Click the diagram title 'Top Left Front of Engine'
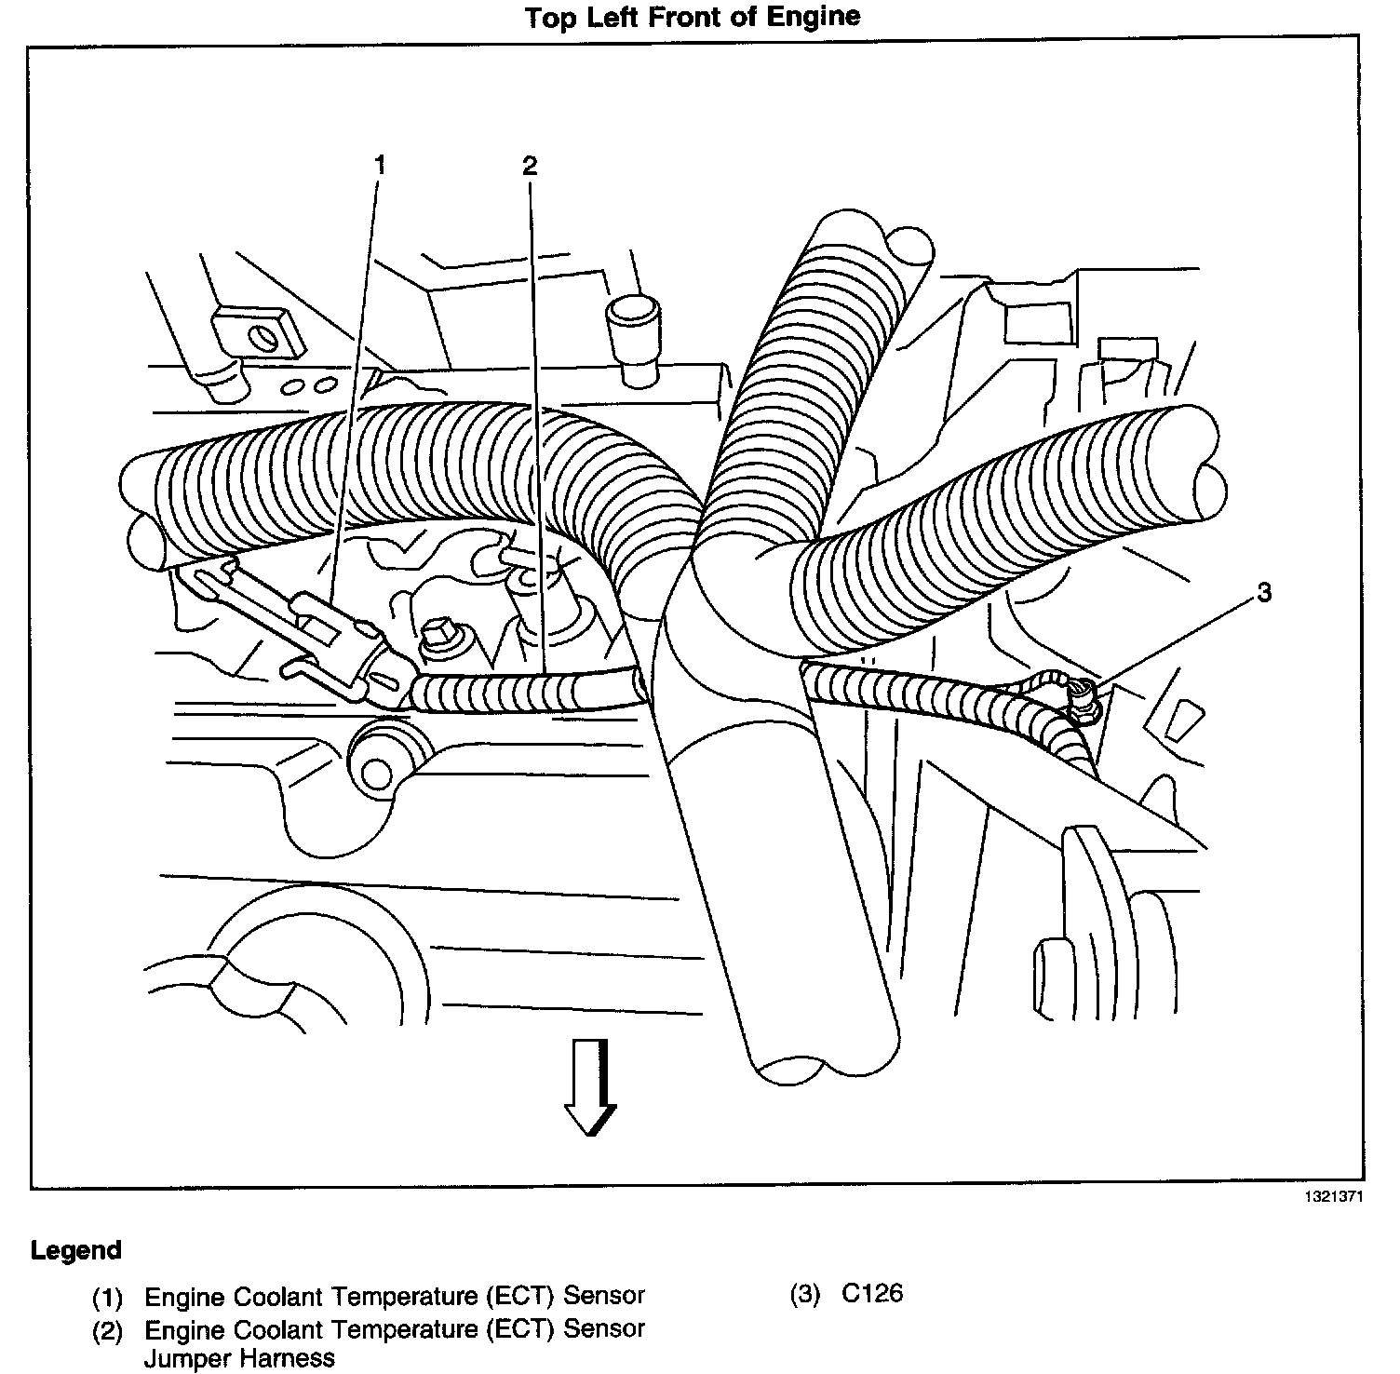click(693, 17)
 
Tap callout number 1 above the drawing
click(379, 166)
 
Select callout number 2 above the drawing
click(530, 166)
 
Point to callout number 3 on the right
click(1263, 592)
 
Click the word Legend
click(75, 1250)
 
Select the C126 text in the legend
click(872, 1294)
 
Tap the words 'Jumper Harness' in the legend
click(239, 1358)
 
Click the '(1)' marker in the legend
click(107, 1296)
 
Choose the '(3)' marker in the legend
click(805, 1294)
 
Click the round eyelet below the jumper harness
click(377, 771)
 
